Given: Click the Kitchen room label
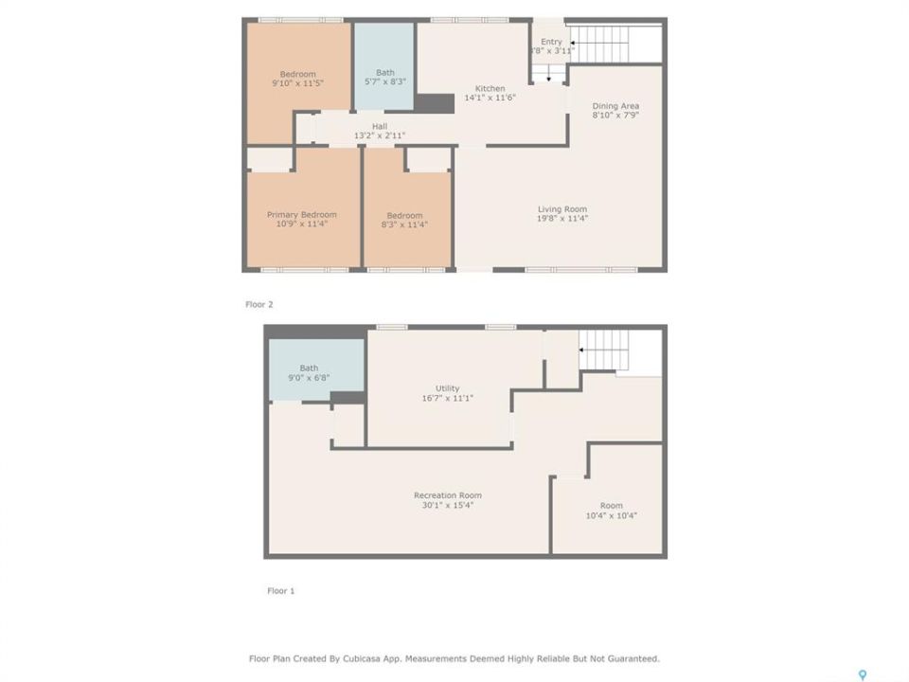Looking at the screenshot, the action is [x=490, y=88].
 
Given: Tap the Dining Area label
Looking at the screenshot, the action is [x=615, y=106].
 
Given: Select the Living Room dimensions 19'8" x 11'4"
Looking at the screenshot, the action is [x=562, y=219].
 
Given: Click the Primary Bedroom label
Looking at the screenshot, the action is [x=301, y=215].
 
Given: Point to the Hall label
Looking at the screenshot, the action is [x=380, y=126].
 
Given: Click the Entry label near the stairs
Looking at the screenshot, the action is [x=551, y=42].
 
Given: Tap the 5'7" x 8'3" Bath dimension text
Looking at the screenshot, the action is [x=385, y=81].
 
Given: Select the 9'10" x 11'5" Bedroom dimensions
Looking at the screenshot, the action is [x=298, y=83].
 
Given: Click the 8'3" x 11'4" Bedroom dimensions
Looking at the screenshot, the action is [x=404, y=224].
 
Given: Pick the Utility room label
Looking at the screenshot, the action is [x=448, y=388].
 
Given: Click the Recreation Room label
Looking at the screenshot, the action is [x=448, y=495].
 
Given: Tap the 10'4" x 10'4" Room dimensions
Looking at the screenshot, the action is [x=611, y=515].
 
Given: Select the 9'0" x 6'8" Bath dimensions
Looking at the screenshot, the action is [x=309, y=378].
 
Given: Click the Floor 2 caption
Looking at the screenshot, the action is [x=259, y=304].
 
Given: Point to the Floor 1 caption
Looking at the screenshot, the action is [x=280, y=591].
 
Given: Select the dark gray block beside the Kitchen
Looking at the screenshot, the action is [x=435, y=103].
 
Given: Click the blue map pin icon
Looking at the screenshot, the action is [x=863, y=674].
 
